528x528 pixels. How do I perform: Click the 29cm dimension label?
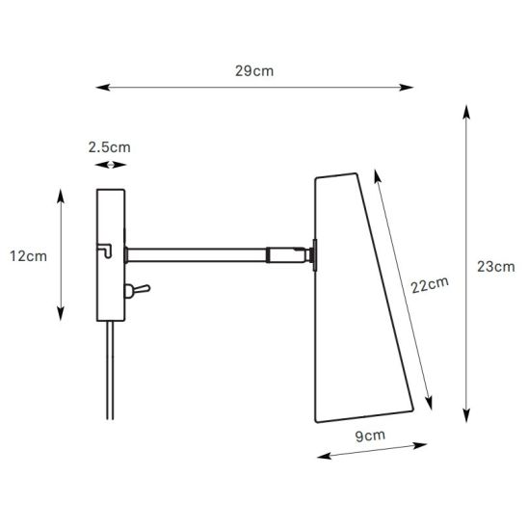pyautogui.click(x=254, y=71)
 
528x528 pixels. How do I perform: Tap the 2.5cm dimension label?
pyautogui.click(x=108, y=147)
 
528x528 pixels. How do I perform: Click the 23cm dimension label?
pyautogui.click(x=495, y=266)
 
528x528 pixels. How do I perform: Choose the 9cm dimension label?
pyautogui.click(x=370, y=436)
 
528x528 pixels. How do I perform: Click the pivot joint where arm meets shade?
pyautogui.click(x=310, y=255)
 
